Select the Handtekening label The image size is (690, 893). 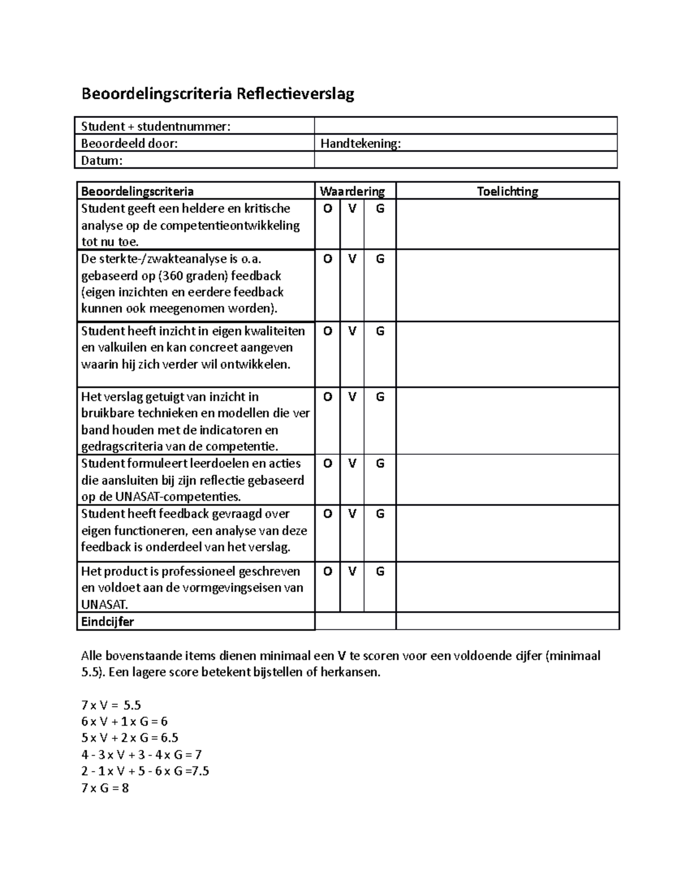[x=361, y=143]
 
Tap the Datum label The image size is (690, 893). [x=102, y=160]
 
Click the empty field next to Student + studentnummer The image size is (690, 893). [x=465, y=126]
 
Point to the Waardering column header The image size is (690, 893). [x=352, y=191]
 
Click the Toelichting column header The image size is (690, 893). [x=507, y=191]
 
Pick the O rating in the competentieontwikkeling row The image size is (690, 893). [x=327, y=209]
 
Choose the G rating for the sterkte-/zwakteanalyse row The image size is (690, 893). [x=380, y=259]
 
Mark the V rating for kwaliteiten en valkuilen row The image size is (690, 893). [x=352, y=331]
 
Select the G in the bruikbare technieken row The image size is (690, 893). [x=380, y=397]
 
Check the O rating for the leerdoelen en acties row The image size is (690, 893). [x=327, y=463]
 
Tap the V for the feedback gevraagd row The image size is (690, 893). [x=352, y=514]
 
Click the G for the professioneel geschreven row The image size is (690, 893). [x=380, y=572]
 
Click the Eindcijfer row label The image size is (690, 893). [x=108, y=622]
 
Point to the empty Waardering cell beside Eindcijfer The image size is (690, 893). [x=355, y=622]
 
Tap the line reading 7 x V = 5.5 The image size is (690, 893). [x=111, y=705]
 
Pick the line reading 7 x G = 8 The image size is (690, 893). [x=105, y=788]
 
